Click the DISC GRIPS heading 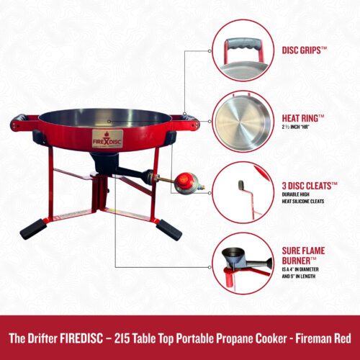pos(305,50)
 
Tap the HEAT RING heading pos(303,118)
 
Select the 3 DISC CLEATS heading pos(310,186)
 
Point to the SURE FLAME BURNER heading pos(303,256)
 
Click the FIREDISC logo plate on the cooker pos(107,139)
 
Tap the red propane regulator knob pos(185,179)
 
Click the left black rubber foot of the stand pos(33,228)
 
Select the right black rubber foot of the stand pos(169,230)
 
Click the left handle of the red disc pos(24,122)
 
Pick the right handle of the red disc pos(186,122)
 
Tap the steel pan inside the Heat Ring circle pos(243,122)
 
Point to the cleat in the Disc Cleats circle pos(241,185)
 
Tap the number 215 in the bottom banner pos(122,338)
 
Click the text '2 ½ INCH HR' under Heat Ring pos(295,127)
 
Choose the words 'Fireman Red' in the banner pos(323,338)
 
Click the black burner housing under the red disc pos(105,161)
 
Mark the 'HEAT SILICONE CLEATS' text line pos(303,201)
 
